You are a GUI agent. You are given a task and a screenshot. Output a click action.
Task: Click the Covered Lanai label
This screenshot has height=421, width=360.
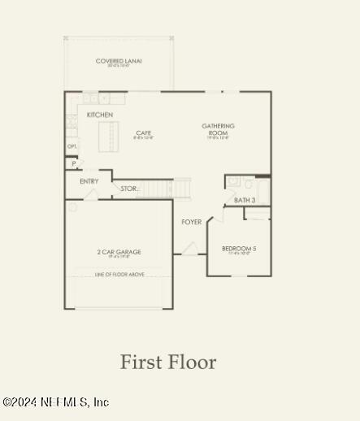point(119,61)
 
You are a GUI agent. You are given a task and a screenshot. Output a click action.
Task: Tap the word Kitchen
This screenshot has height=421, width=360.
point(100,115)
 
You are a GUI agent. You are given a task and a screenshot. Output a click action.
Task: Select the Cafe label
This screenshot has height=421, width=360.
point(144,133)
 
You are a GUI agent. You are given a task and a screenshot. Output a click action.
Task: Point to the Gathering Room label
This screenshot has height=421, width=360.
point(218,129)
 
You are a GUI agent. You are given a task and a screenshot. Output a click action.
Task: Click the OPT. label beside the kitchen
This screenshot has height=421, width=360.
point(72,147)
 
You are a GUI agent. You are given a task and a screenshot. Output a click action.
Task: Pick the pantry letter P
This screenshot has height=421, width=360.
point(74,163)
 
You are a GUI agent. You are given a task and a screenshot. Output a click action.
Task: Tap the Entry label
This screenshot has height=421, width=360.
point(89,181)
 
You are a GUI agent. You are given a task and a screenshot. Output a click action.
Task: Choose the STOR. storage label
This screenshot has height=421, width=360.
point(129,189)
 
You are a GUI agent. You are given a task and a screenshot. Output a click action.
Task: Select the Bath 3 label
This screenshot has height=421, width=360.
point(245,200)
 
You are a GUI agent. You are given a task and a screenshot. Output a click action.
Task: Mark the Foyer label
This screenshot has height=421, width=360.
point(192,222)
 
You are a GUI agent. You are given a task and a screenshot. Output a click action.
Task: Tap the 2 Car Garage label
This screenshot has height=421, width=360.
point(119,253)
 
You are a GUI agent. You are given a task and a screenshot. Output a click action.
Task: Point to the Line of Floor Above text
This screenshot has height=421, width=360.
point(119,275)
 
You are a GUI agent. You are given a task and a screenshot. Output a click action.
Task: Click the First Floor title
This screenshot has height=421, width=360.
point(168,362)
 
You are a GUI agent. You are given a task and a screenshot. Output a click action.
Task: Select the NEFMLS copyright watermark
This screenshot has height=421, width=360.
point(54,402)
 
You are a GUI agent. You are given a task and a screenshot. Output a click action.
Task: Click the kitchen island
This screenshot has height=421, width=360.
point(107,137)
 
